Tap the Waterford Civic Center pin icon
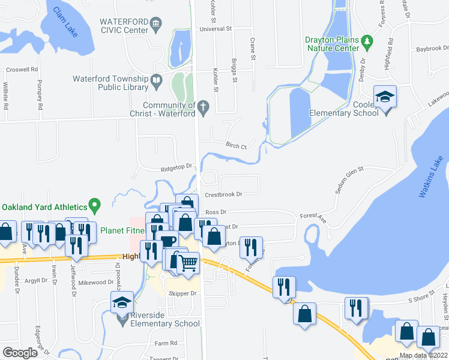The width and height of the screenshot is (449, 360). pyautogui.click(x=156, y=24)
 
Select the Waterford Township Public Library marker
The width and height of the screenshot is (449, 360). pyautogui.click(x=156, y=79)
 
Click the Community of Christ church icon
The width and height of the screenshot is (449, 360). pyautogui.click(x=203, y=107)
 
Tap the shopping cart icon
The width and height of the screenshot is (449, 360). pyautogui.click(x=189, y=262)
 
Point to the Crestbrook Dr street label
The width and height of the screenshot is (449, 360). pyautogui.click(x=223, y=194)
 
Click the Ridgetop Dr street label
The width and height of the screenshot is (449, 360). pyautogui.click(x=175, y=167)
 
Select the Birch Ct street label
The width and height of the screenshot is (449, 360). pyautogui.click(x=236, y=146)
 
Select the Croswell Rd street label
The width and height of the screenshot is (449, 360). pyautogui.click(x=20, y=70)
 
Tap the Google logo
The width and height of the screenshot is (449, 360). pyautogui.click(x=20, y=353)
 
